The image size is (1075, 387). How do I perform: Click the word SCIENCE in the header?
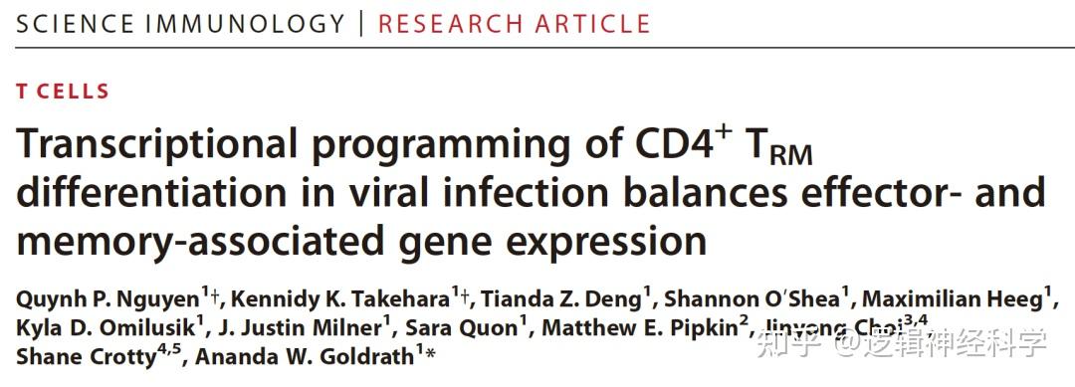pos(75,23)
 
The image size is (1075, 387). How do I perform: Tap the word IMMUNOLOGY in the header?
pos(246,23)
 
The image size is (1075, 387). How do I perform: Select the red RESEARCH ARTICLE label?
pos(514,23)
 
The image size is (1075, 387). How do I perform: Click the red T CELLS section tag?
pos(63,92)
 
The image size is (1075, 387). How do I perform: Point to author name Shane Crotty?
pos(85,355)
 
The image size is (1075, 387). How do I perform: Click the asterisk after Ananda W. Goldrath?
pos(431,352)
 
